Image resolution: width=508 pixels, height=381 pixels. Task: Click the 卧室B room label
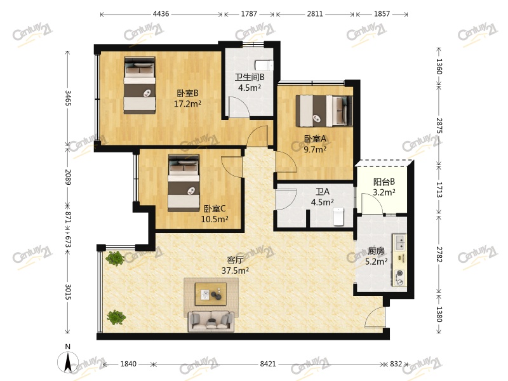[187, 93]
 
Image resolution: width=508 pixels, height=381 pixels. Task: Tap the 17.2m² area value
[187, 104]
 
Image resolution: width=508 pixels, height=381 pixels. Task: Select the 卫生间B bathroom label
[250, 77]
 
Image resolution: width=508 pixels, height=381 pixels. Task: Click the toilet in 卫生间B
[264, 65]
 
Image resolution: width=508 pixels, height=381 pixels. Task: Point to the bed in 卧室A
[324, 110]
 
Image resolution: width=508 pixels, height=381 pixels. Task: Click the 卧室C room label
[215, 209]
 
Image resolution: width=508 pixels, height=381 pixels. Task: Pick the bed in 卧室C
[184, 183]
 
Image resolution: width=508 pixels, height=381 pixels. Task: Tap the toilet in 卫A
[338, 217]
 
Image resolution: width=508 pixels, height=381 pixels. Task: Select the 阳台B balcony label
[384, 182]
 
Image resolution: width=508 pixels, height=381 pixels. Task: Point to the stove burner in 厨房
[401, 273]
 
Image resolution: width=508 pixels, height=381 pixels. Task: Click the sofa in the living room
[211, 321]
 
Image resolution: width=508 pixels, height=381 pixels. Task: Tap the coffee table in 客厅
[211, 294]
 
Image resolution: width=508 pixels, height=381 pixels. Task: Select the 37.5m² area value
[235, 271]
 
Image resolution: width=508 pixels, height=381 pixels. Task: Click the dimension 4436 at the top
[161, 13]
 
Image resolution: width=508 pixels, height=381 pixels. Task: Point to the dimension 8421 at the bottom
[268, 364]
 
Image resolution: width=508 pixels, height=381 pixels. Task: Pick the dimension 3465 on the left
[68, 98]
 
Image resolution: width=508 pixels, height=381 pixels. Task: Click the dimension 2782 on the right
[439, 255]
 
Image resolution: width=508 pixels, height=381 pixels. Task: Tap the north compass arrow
[68, 363]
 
